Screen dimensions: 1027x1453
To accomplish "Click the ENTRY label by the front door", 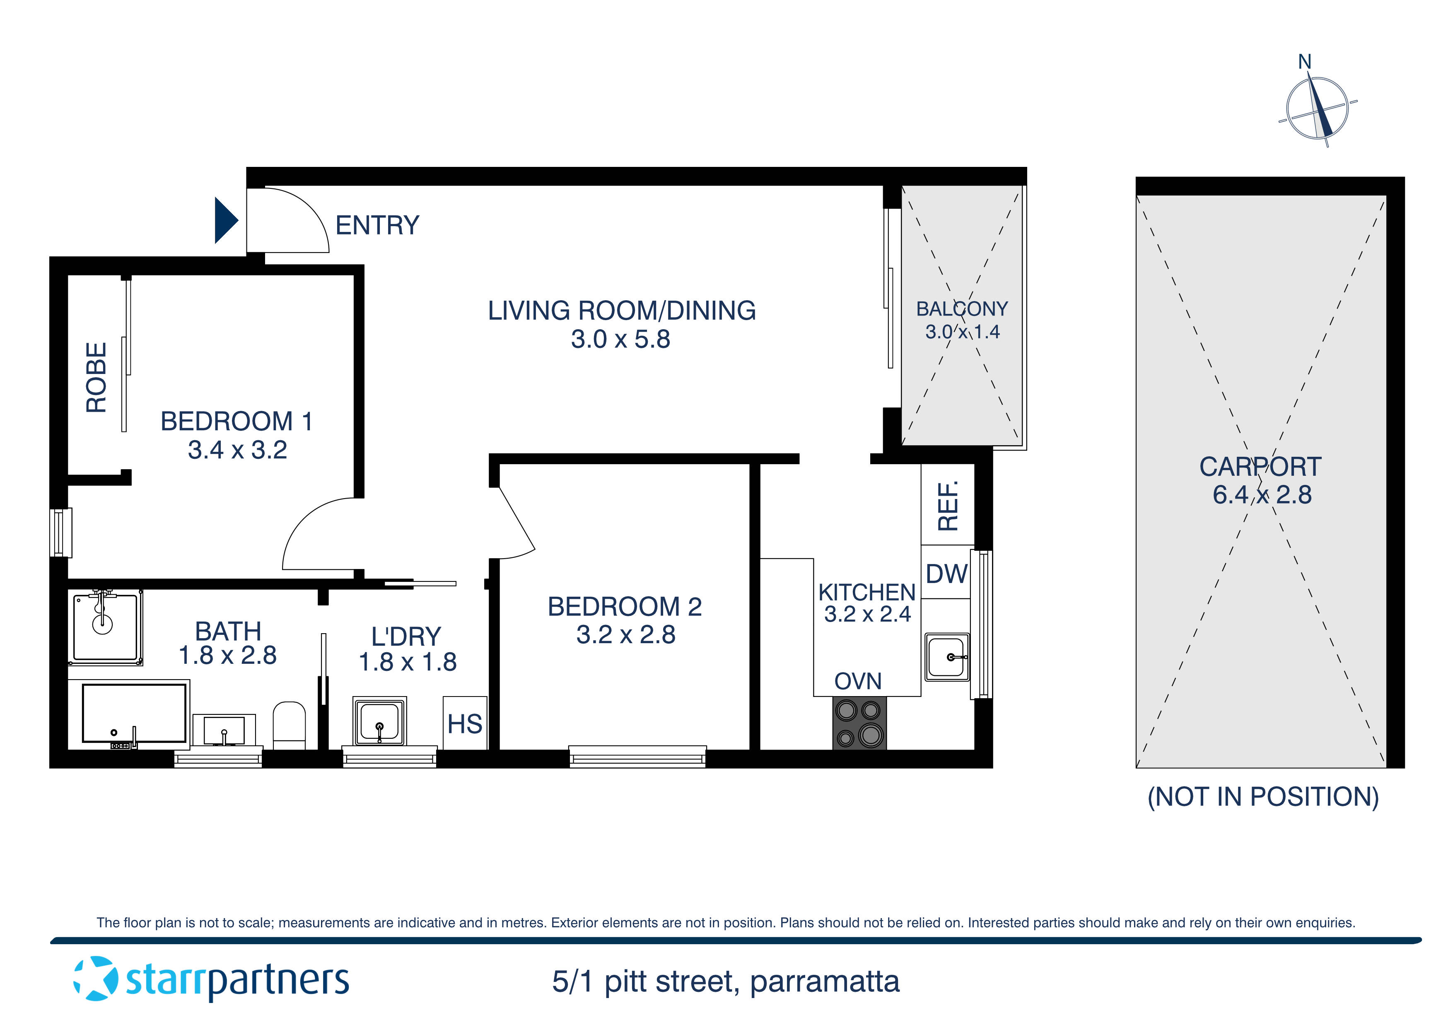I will point(377,225).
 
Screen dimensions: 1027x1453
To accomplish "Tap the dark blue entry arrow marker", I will point(225,220).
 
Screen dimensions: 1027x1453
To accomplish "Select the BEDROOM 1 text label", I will point(237,422).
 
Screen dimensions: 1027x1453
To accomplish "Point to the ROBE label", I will point(96,378).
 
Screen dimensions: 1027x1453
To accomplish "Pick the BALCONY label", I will point(962,309).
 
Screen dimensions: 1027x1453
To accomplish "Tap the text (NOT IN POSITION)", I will point(1263,797).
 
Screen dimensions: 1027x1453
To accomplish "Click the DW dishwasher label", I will point(947,574).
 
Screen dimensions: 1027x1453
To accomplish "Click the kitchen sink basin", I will point(947,657).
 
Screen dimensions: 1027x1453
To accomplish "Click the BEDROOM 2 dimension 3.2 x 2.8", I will point(626,635).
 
